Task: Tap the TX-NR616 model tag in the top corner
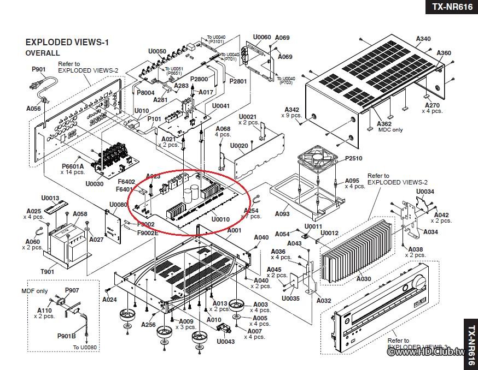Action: pyautogui.click(x=452, y=7)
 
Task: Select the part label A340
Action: pyautogui.click(x=423, y=39)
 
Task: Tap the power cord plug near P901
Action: pyautogui.click(x=34, y=86)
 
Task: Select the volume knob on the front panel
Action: pyautogui.click(x=419, y=283)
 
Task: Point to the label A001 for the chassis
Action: pyautogui.click(x=234, y=230)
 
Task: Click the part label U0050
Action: pyautogui.click(x=157, y=51)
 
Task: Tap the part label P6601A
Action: pyautogui.click(x=73, y=166)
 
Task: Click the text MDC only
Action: pyautogui.click(x=390, y=130)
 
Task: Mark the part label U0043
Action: pyautogui.click(x=225, y=342)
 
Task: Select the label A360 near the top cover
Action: pyautogui.click(x=444, y=53)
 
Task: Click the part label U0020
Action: pyautogui.click(x=239, y=146)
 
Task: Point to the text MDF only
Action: pyautogui.click(x=34, y=291)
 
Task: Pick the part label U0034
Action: pyautogui.click(x=425, y=192)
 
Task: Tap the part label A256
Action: pyautogui.click(x=148, y=325)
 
